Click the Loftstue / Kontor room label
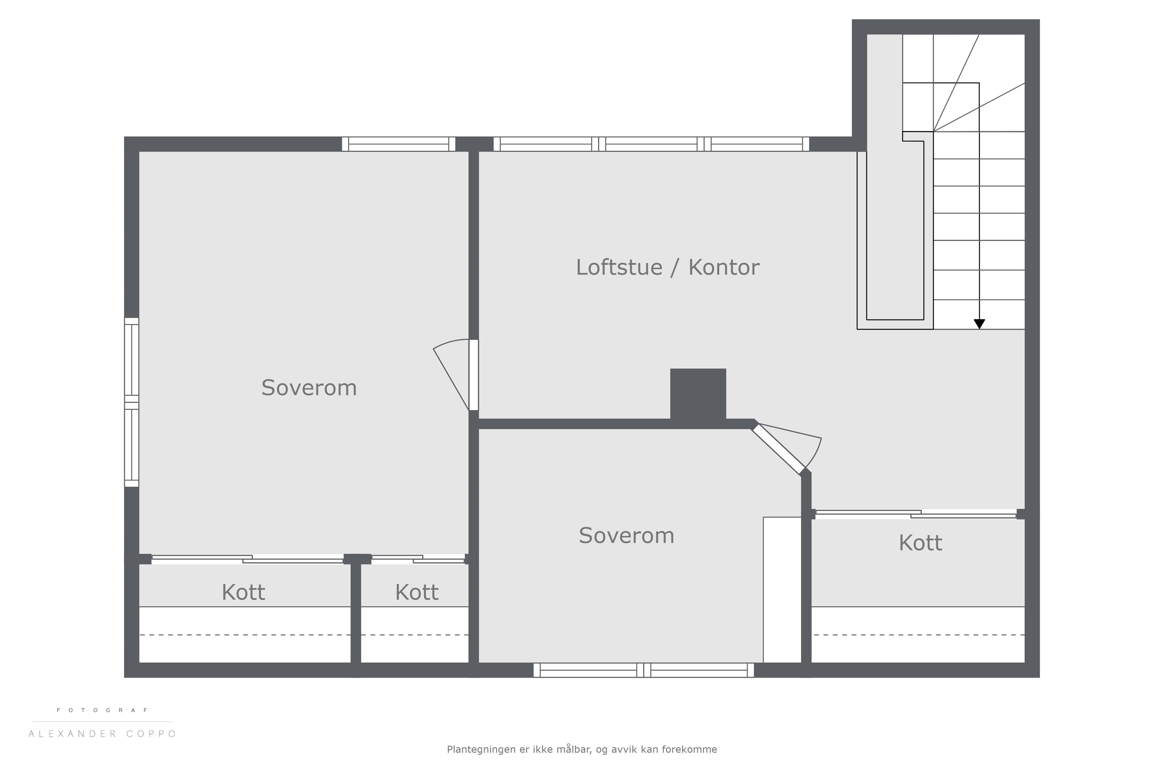tap(667, 268)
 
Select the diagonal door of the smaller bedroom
tap(778, 449)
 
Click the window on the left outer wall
tap(132, 402)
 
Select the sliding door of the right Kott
tap(915, 514)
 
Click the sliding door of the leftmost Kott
tap(247, 559)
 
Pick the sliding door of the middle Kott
tap(418, 559)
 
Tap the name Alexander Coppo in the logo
tap(102, 734)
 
